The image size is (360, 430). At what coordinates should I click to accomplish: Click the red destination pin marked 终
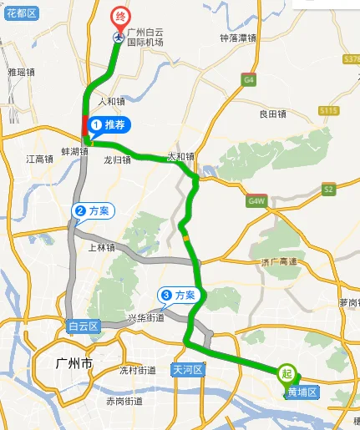(x=119, y=16)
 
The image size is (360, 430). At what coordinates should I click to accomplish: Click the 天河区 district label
(x=189, y=368)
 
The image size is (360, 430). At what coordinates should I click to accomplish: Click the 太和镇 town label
(x=180, y=156)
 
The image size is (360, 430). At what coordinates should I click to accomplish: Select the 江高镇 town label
(x=39, y=159)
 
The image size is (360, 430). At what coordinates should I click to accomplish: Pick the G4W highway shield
(x=256, y=202)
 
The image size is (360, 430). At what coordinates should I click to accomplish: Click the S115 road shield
(x=328, y=111)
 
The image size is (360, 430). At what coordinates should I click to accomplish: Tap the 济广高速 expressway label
(x=279, y=261)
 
